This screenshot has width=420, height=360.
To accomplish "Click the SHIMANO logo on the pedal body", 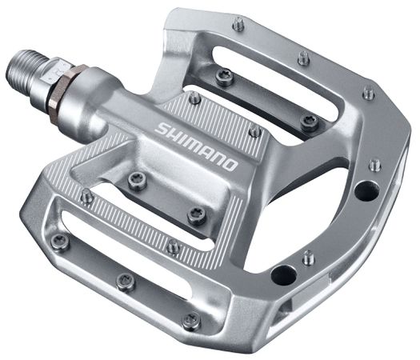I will pos(196,144).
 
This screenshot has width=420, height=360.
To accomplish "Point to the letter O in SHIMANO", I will pos(230,165).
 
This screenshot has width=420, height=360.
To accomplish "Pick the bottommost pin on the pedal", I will pos(190,322).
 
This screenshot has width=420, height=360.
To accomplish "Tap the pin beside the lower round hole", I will pos(307,258).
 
